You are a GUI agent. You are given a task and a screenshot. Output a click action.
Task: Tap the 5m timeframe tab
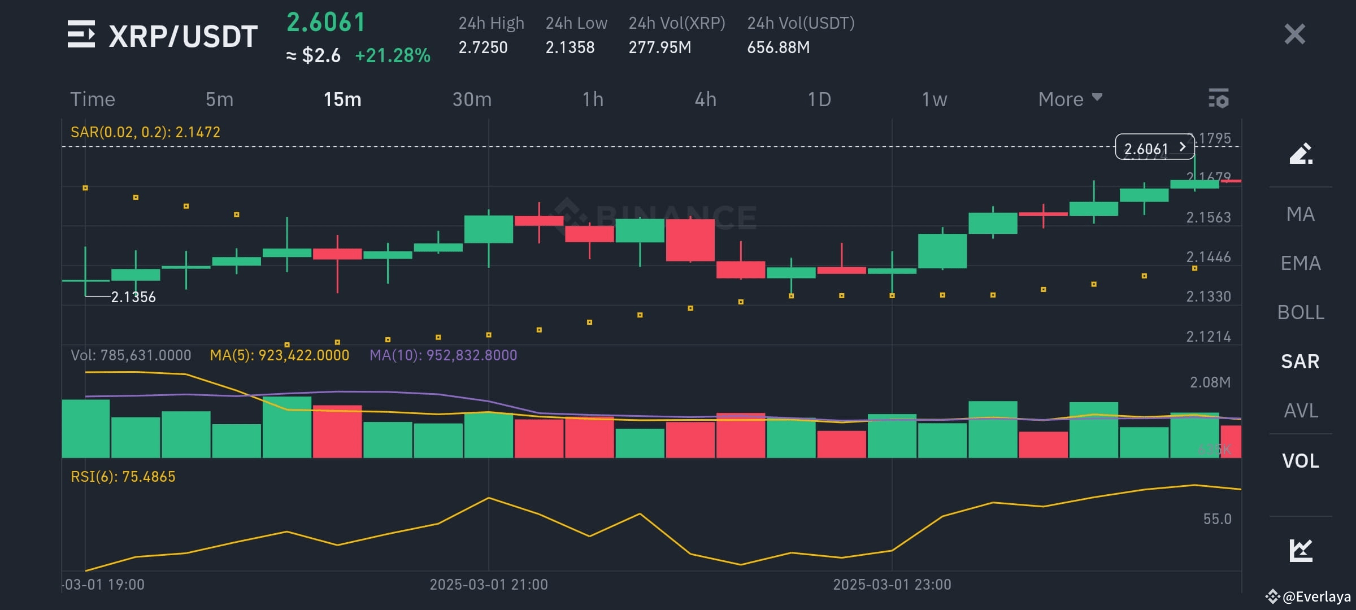pyautogui.click(x=219, y=99)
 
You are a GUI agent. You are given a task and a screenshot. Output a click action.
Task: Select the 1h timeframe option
pyautogui.click(x=593, y=99)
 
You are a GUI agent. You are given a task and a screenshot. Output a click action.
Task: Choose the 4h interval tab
pyautogui.click(x=705, y=99)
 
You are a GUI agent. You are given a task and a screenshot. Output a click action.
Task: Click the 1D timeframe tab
pyautogui.click(x=819, y=99)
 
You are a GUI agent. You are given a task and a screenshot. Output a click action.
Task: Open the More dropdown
pyautogui.click(x=1070, y=99)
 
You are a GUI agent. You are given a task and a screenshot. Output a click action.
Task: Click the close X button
pyautogui.click(x=1294, y=34)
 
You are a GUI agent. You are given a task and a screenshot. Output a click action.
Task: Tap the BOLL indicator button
pyautogui.click(x=1301, y=312)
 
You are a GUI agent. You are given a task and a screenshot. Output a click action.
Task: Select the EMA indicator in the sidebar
pyautogui.click(x=1301, y=263)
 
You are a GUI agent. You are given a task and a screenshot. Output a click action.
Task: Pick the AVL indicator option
pyautogui.click(x=1301, y=411)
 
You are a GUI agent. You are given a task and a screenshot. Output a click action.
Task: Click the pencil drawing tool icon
pyautogui.click(x=1301, y=153)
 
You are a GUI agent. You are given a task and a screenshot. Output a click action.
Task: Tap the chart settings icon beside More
pyautogui.click(x=1219, y=98)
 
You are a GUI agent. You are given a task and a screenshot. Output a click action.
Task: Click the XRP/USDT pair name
pyautogui.click(x=182, y=36)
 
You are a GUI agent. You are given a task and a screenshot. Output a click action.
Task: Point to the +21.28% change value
pyautogui.click(x=393, y=55)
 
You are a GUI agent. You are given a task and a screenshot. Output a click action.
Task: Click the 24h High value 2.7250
pyautogui.click(x=483, y=47)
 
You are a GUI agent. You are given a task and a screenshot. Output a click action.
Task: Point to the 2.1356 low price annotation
pyautogui.click(x=133, y=297)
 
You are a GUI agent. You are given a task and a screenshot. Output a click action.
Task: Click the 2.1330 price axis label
pyautogui.click(x=1208, y=297)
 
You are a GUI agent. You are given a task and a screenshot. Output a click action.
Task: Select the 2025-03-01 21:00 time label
pyautogui.click(x=489, y=585)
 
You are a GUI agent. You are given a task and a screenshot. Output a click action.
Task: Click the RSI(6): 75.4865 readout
pyautogui.click(x=123, y=477)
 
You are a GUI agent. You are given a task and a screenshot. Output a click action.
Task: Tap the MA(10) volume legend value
pyautogui.click(x=443, y=355)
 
